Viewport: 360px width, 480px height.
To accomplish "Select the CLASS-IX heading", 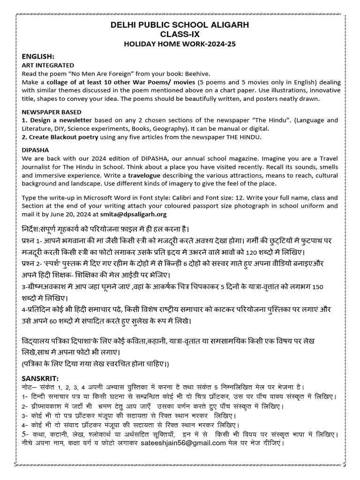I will [180, 34].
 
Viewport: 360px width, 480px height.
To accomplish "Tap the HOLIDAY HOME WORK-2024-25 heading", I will [180, 44].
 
